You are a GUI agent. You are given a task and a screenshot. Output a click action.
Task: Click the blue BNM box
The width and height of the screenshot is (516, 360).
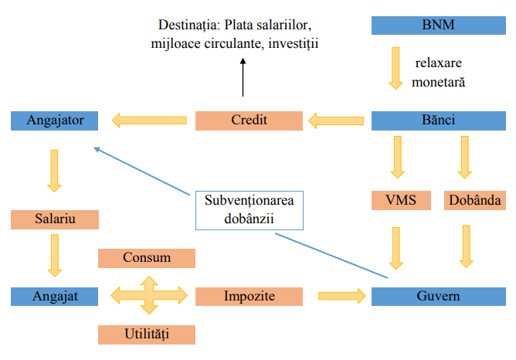tap(439, 25)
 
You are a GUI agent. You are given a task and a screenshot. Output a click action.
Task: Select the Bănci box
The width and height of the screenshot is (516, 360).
tap(439, 120)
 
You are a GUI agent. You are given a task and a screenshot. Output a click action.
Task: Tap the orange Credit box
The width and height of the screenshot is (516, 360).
tap(249, 120)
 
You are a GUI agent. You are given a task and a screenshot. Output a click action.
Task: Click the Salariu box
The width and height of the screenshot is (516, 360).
tap(55, 219)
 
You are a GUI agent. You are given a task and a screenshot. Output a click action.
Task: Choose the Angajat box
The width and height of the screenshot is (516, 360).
tap(55, 295)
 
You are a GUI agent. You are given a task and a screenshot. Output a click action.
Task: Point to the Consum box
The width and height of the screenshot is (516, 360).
tap(147, 257)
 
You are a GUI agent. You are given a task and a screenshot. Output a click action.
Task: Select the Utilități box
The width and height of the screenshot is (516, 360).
tap(147, 334)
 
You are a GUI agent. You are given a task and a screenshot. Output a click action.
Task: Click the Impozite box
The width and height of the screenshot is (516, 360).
tap(249, 295)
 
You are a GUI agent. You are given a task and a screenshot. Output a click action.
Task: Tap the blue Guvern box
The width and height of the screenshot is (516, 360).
tap(439, 295)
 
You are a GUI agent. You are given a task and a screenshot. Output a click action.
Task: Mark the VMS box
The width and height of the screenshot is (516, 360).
tap(401, 200)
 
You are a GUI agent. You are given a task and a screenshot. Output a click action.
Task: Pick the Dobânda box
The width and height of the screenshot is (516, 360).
tap(474, 200)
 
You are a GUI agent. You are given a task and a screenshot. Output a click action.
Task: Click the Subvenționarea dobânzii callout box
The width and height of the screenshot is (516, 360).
tap(249, 209)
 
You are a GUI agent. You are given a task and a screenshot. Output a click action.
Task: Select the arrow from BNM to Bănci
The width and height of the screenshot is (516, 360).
tap(396, 68)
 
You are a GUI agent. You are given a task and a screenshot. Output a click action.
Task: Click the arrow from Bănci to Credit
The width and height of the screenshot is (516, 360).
tap(337, 120)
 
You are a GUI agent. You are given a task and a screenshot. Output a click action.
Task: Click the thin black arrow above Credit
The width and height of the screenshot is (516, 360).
tap(243, 77)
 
